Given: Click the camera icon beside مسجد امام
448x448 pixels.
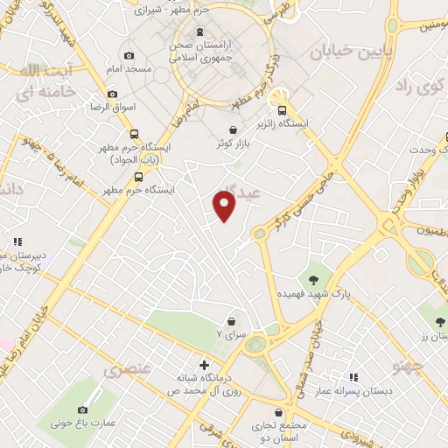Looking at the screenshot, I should point(129,55).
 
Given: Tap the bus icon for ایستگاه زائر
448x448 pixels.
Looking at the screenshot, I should point(282,110).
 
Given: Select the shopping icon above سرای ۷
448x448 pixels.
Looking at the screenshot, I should point(231,321).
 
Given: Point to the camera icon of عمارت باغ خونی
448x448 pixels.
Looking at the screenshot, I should point(83,409).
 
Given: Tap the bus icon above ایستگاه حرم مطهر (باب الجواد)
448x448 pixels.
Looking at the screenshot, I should point(134,134).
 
